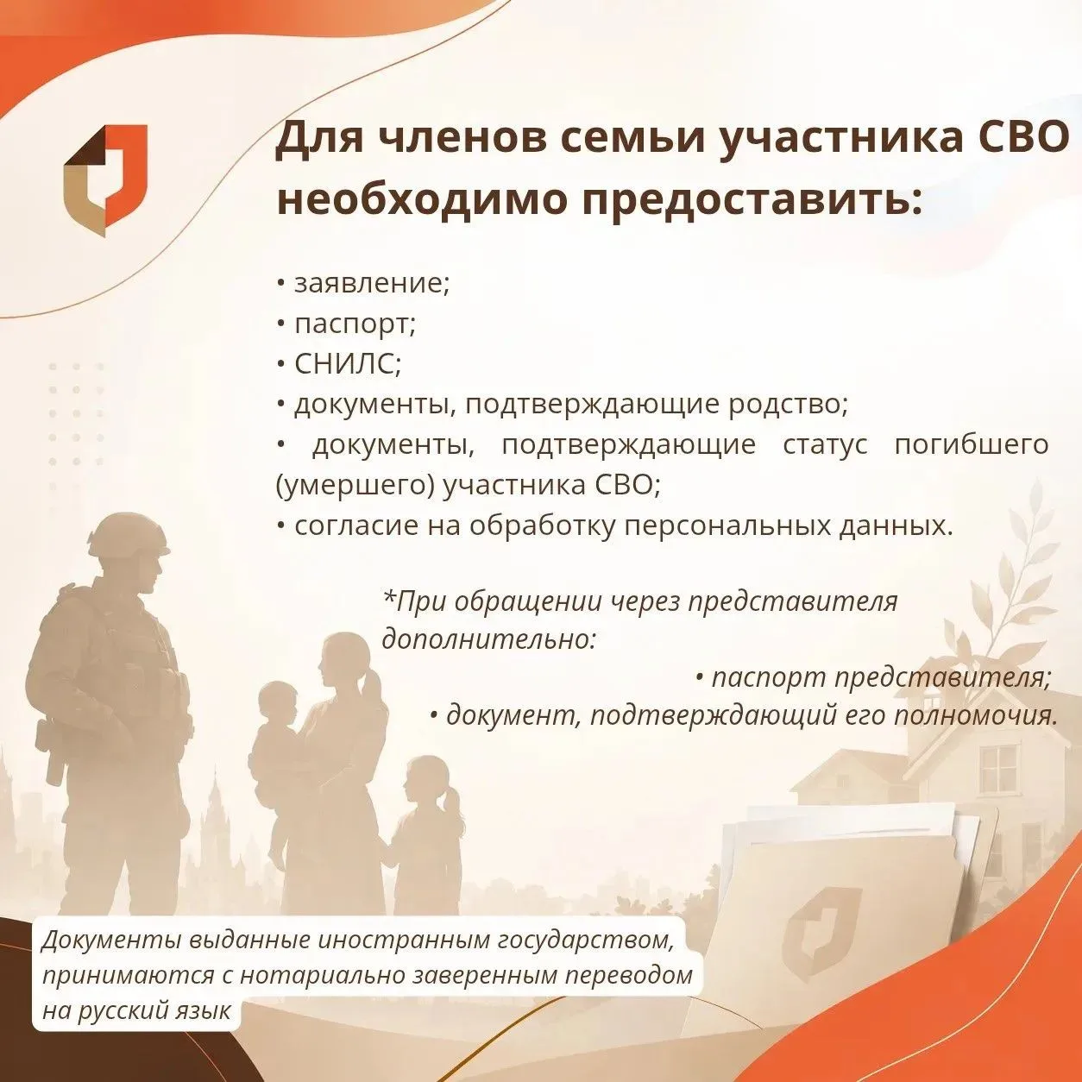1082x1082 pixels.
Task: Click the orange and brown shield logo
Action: [x=105, y=180]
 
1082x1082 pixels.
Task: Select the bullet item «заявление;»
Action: [x=363, y=284]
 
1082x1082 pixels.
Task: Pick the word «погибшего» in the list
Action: [x=971, y=446]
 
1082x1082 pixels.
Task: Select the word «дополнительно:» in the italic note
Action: [x=488, y=639]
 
